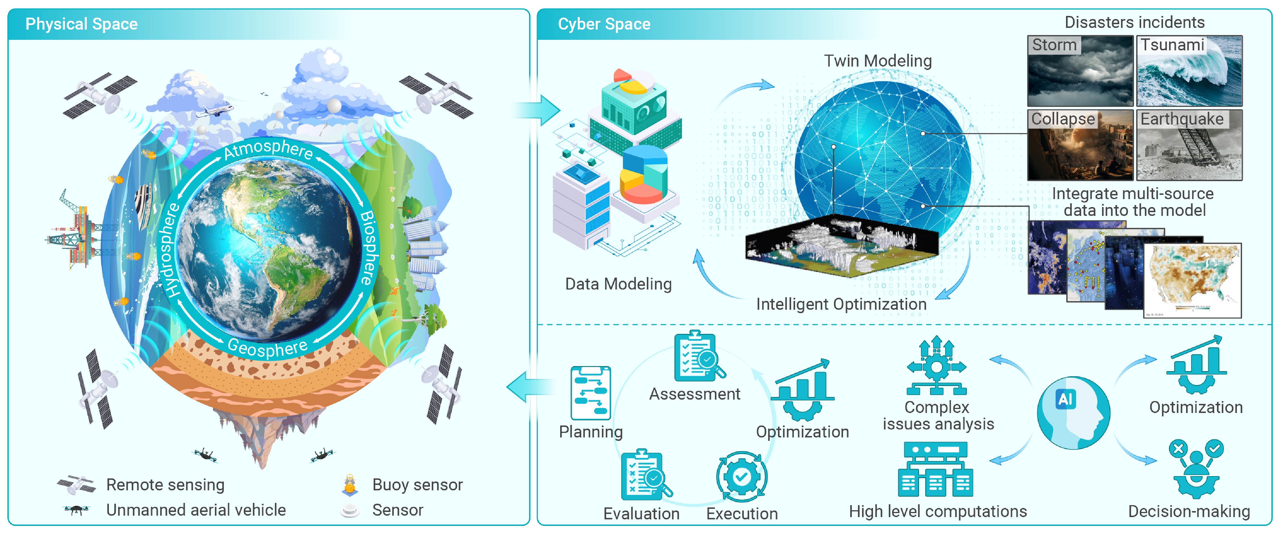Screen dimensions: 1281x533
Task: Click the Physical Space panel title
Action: click(x=82, y=24)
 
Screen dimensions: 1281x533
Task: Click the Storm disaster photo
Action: click(x=1080, y=71)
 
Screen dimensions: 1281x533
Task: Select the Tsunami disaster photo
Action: click(x=1189, y=71)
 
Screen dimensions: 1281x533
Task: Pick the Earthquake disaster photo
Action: click(x=1189, y=145)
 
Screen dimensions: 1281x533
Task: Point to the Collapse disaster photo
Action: click(x=1080, y=145)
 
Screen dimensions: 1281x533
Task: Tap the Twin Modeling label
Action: click(x=878, y=61)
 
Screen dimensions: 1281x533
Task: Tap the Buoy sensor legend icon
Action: click(x=350, y=484)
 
